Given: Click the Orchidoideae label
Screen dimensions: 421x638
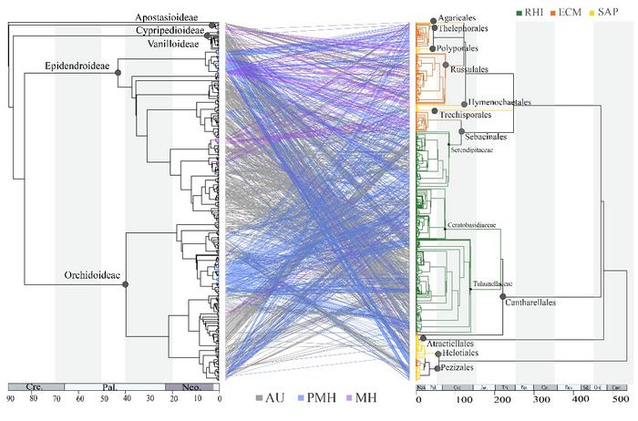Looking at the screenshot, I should (x=92, y=275).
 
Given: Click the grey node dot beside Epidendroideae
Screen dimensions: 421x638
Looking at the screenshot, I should (x=118, y=76).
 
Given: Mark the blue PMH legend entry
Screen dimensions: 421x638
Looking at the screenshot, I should (x=316, y=397).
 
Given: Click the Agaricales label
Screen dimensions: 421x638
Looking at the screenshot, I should (x=458, y=16).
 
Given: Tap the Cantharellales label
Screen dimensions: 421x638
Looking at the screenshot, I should (x=537, y=302).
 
